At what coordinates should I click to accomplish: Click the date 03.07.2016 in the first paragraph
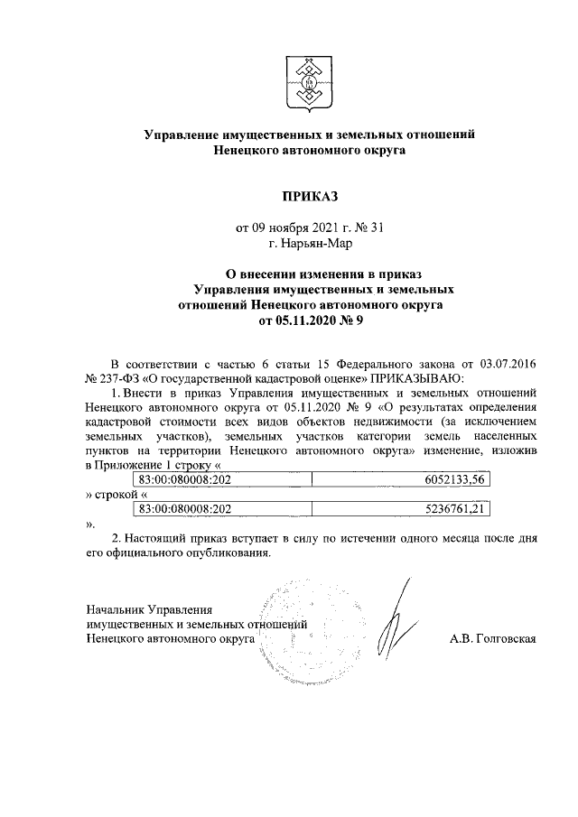pyautogui.click(x=508, y=362)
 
